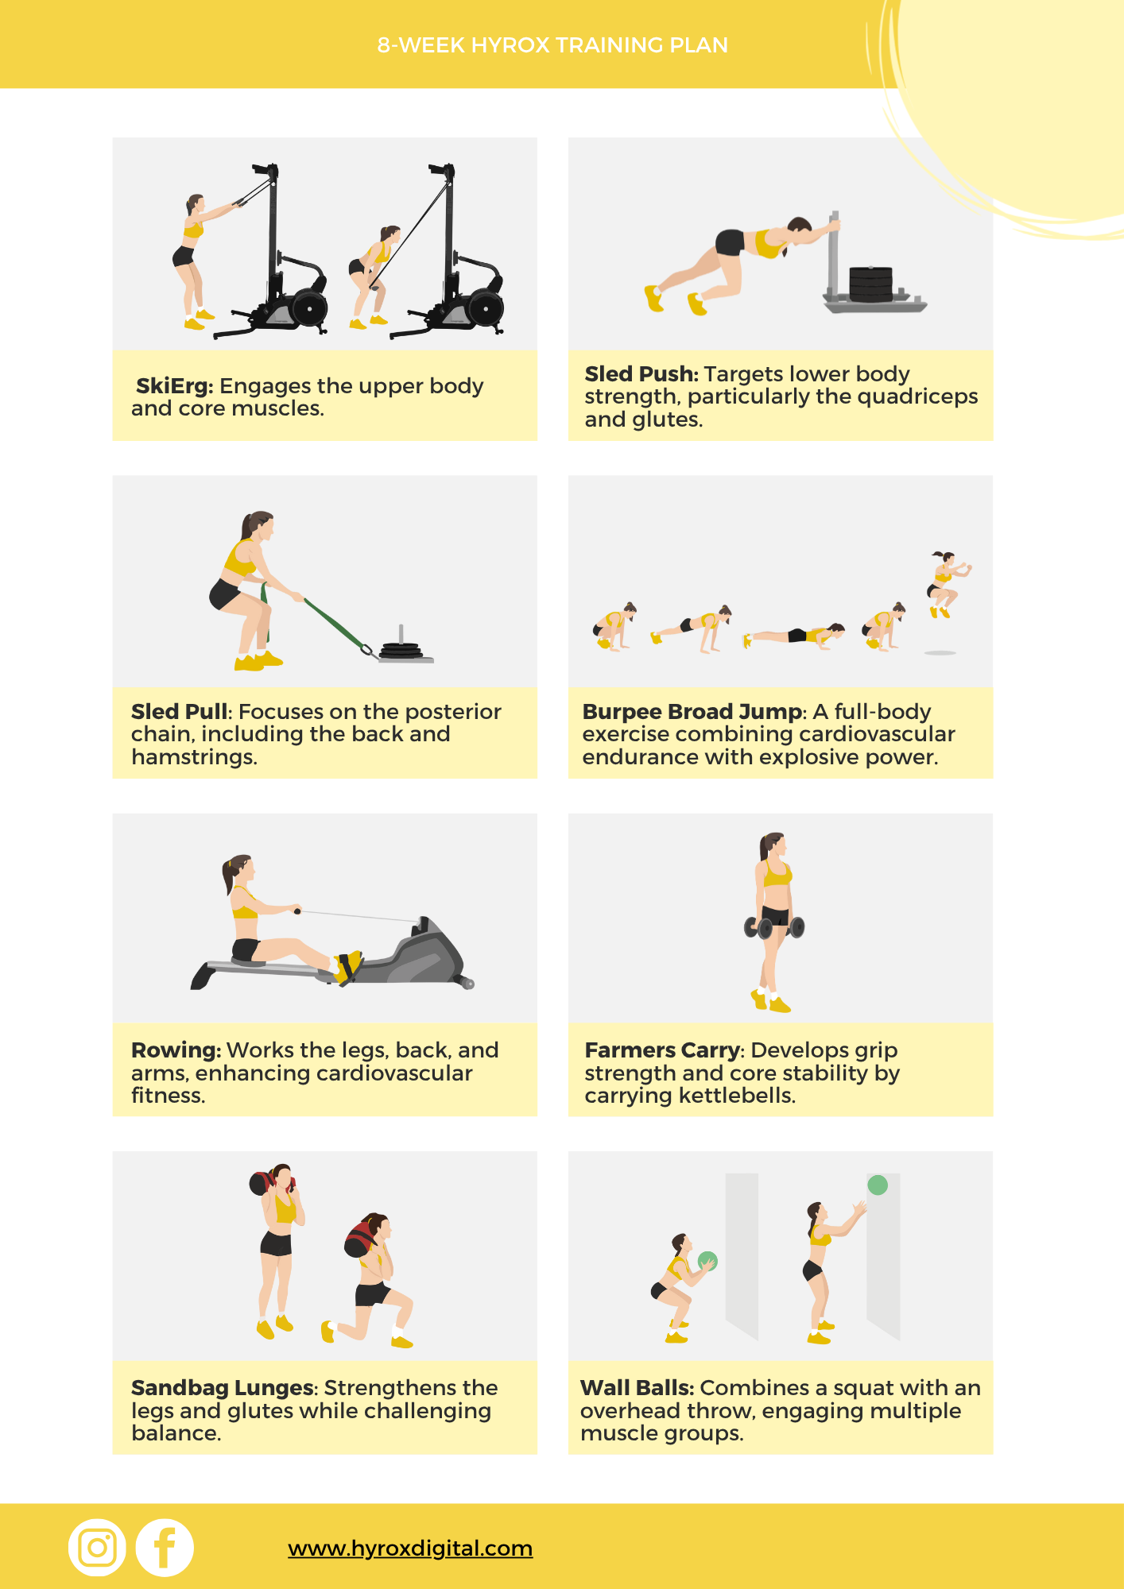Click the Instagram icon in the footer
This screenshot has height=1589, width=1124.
click(x=97, y=1548)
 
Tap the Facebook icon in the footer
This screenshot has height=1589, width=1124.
click(x=165, y=1548)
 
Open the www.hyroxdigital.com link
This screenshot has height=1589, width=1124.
click(x=410, y=1548)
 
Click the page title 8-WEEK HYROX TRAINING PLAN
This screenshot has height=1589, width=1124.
click(x=552, y=45)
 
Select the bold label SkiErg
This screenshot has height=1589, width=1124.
click(x=174, y=386)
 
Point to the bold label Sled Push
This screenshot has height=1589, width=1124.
click(x=641, y=374)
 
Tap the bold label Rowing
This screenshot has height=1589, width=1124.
click(x=176, y=1050)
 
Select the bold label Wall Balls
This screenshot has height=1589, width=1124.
click(x=637, y=1388)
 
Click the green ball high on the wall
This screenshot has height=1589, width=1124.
click(x=878, y=1185)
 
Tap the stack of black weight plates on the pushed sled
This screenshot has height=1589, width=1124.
click(x=871, y=284)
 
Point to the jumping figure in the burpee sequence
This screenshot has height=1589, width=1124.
click(x=945, y=584)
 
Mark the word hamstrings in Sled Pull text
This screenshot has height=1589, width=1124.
click(x=193, y=757)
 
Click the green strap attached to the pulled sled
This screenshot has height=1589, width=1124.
click(x=329, y=621)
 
